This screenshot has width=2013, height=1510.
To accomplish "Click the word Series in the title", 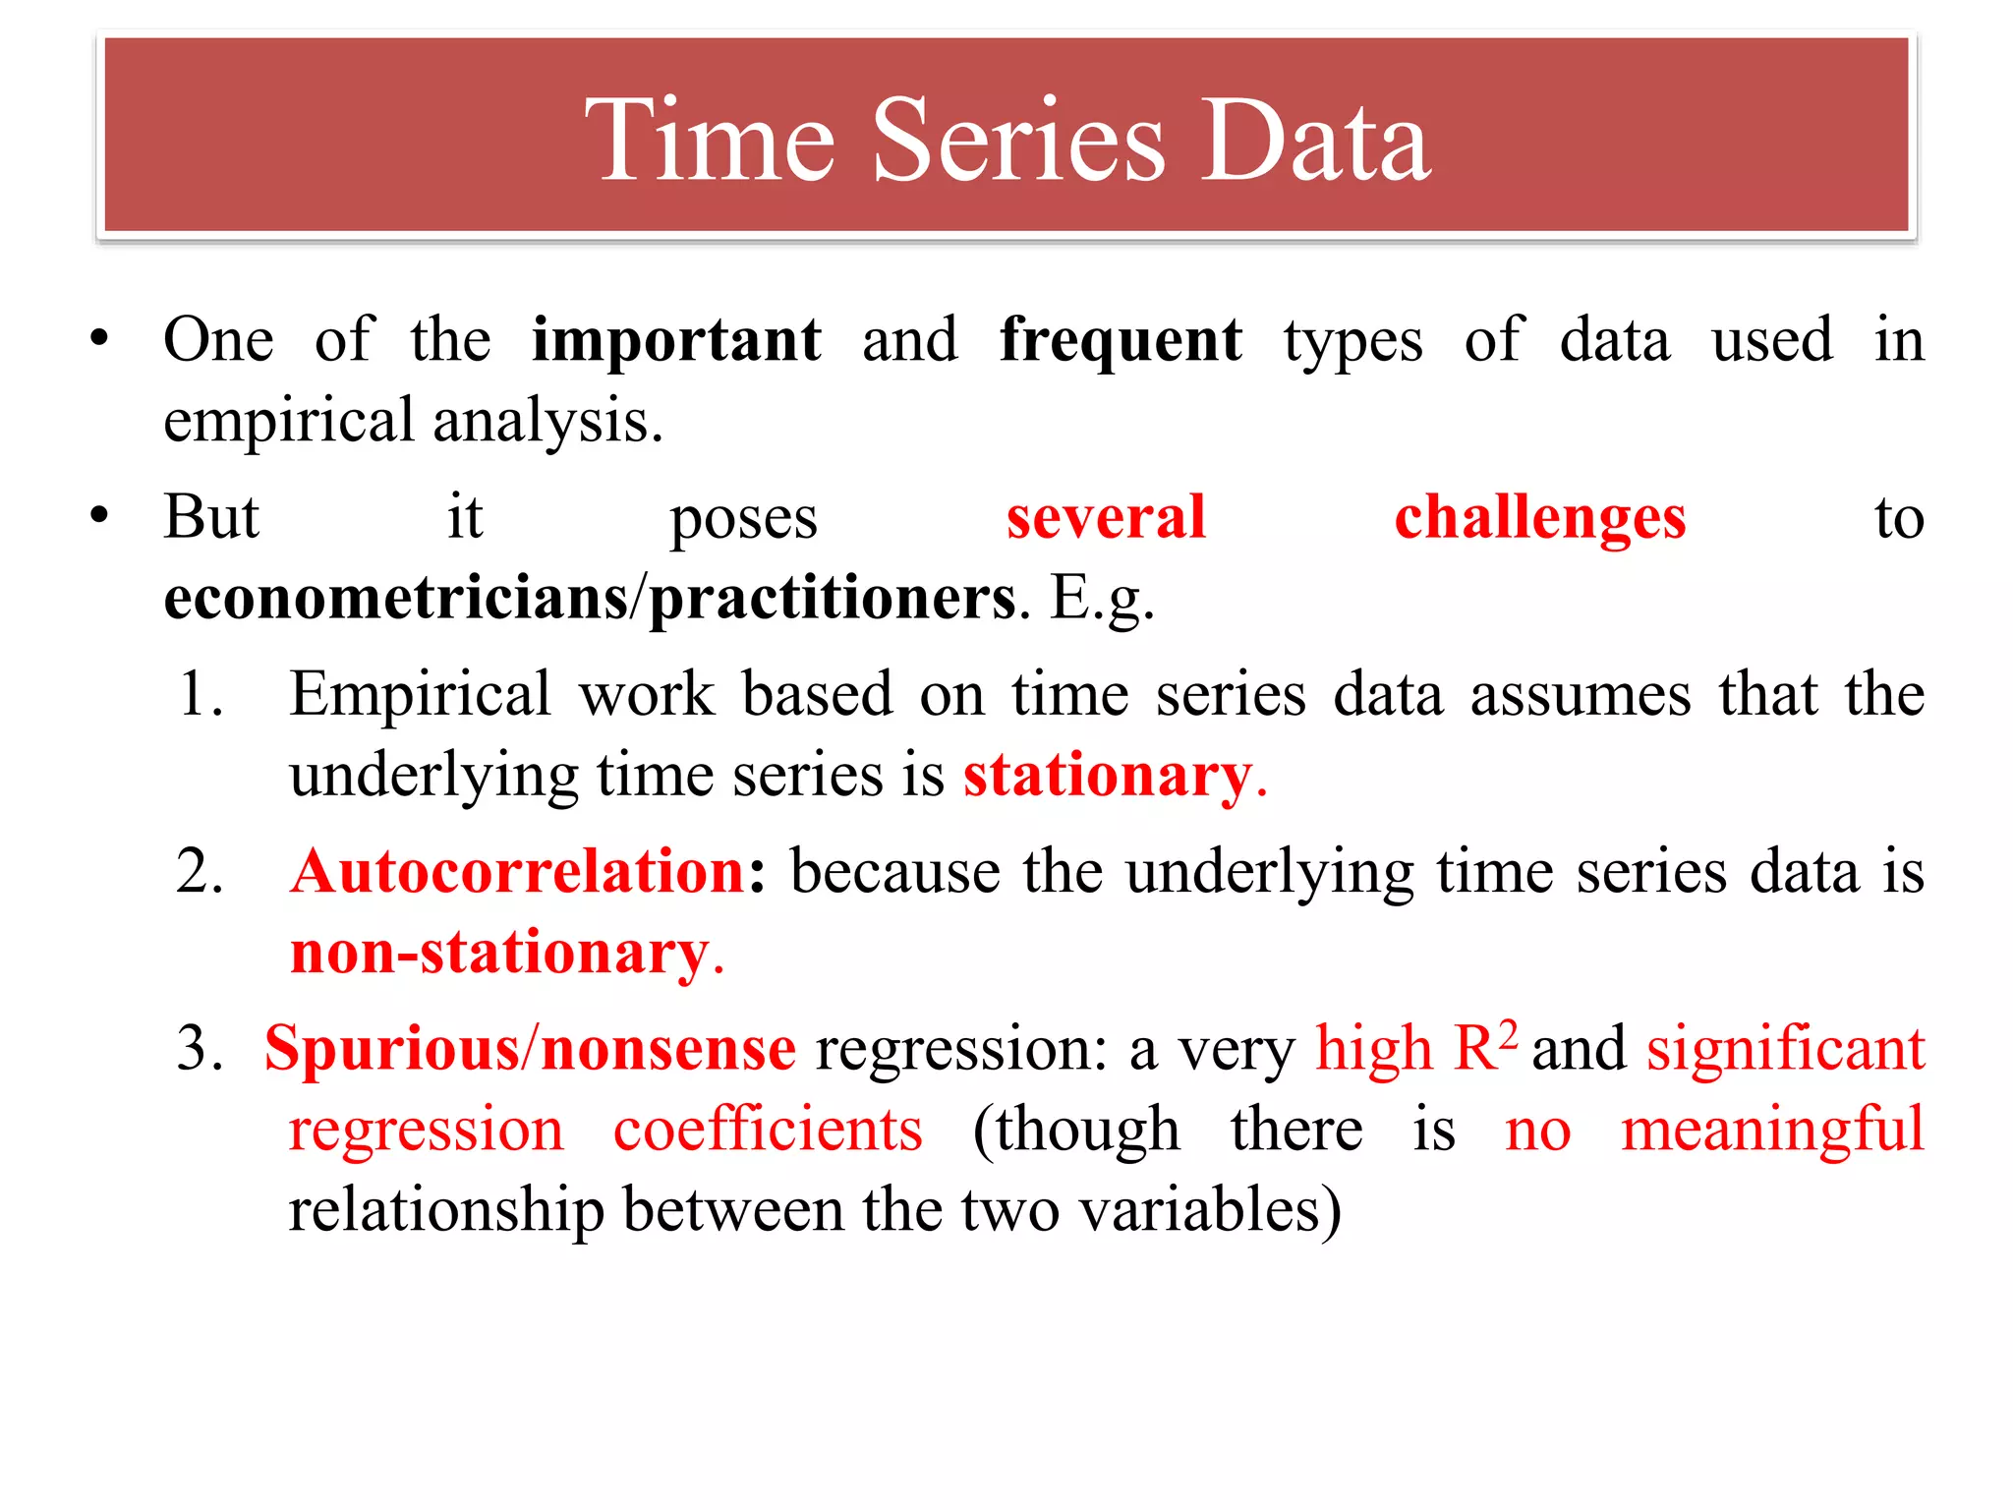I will pyautogui.click(x=1018, y=142).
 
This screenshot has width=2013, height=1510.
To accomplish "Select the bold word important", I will pyautogui.click(x=676, y=340).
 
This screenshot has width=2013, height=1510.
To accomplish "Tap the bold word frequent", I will pyautogui.click(x=1121, y=340).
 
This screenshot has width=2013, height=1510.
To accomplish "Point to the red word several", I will pyautogui.click(x=1106, y=517).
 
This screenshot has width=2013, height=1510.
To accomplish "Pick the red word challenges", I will pyautogui.click(x=1539, y=517).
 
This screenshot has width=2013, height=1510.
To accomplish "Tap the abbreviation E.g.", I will pyautogui.click(x=1101, y=599).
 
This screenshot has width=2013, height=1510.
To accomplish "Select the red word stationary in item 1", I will pyautogui.click(x=1108, y=776).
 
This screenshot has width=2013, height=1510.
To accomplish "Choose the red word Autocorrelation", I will pyautogui.click(x=518, y=872).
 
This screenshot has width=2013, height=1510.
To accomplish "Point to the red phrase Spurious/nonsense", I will pyautogui.click(x=530, y=1048).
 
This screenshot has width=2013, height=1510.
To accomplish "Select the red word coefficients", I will pyautogui.click(x=768, y=1130).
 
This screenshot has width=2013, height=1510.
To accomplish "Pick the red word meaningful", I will pyautogui.click(x=1771, y=1130).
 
